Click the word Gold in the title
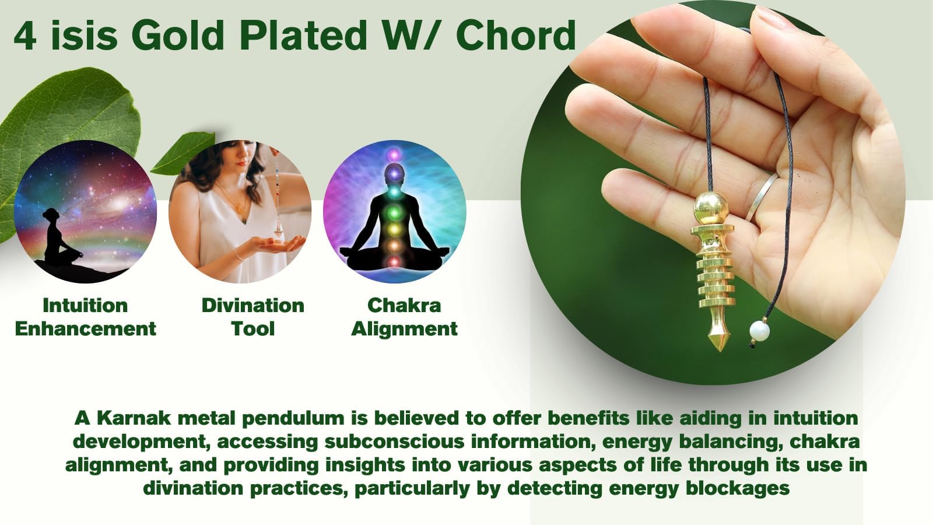tap(179, 36)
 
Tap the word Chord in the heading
tap(516, 36)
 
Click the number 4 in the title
tap(25, 36)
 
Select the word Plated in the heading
tap(303, 36)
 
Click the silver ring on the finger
tap(761, 197)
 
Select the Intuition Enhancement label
tap(85, 317)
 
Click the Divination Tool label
tap(253, 317)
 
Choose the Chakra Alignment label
tap(404, 317)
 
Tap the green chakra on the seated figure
tap(394, 213)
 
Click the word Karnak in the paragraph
tap(134, 418)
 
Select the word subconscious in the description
tap(394, 441)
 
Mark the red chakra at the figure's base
tap(394, 262)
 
